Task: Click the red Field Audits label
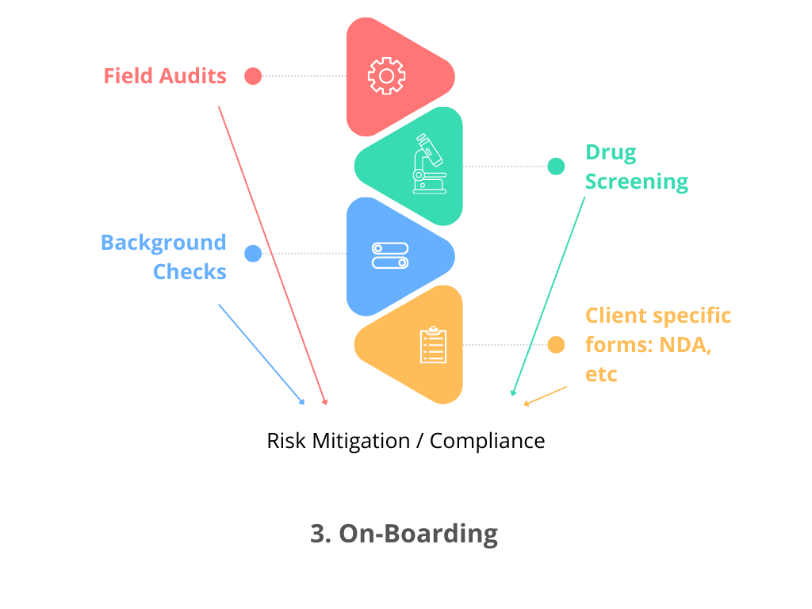pyautogui.click(x=165, y=76)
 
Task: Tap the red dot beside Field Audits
pyautogui.click(x=253, y=76)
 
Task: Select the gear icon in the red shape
pyautogui.click(x=386, y=76)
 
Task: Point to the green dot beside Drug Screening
pyautogui.click(x=557, y=167)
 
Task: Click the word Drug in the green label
pyautogui.click(x=611, y=152)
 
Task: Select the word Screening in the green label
pyautogui.click(x=637, y=182)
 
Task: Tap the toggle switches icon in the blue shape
pyautogui.click(x=389, y=255)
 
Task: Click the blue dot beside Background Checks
pyautogui.click(x=253, y=254)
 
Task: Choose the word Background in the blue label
pyautogui.click(x=163, y=243)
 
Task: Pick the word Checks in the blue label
pyautogui.click(x=190, y=272)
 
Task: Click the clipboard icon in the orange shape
pyautogui.click(x=433, y=345)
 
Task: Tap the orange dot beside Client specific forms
pyautogui.click(x=557, y=345)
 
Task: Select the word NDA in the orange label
pyautogui.click(x=684, y=345)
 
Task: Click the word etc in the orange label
pyautogui.click(x=601, y=374)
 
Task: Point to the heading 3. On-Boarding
pyautogui.click(x=404, y=534)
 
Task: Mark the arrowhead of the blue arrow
pyautogui.click(x=302, y=403)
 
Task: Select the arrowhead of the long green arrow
pyautogui.click(x=512, y=393)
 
